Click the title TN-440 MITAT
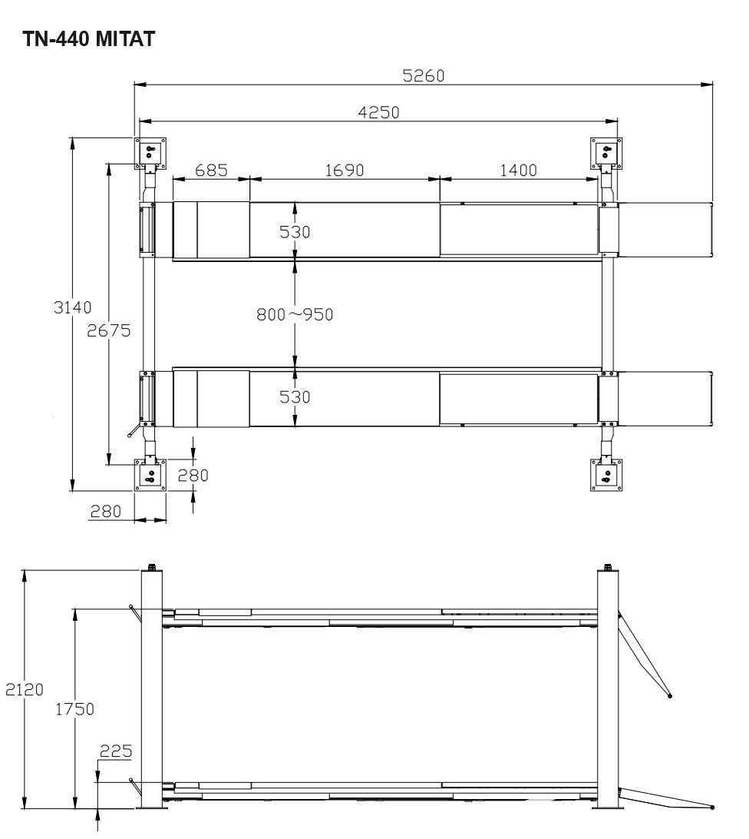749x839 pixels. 89,39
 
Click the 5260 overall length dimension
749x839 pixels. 424,75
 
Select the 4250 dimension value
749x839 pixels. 378,112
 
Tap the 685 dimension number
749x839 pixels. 211,170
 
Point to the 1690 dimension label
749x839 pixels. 345,170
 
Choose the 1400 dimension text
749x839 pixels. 518,170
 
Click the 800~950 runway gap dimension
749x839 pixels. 295,314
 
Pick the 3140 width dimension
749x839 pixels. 73,307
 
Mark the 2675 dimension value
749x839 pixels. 108,330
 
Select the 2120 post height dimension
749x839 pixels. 25,689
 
